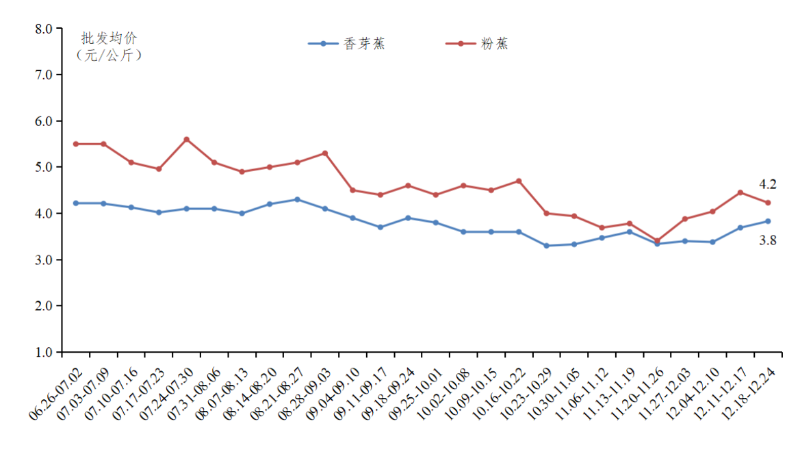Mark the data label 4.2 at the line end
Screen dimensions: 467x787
click(767, 184)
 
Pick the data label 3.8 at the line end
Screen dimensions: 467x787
click(767, 240)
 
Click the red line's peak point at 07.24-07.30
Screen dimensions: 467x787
click(186, 139)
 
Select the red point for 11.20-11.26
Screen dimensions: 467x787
click(657, 241)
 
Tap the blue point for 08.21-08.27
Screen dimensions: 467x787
click(297, 199)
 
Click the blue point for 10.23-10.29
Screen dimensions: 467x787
click(546, 245)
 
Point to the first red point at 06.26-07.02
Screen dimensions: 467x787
click(76, 144)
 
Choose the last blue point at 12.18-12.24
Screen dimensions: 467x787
click(768, 221)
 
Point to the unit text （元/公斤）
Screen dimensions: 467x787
click(109, 55)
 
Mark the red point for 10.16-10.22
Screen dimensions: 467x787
click(519, 181)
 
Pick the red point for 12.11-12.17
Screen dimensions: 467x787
click(740, 192)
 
